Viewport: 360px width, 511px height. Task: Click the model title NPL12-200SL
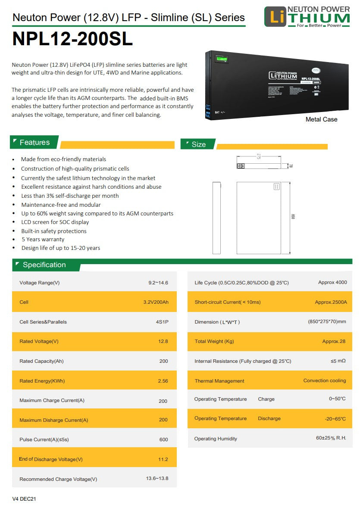pos(72,39)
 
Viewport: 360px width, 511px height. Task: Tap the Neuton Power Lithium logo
pos(307,17)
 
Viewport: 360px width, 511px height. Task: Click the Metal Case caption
pos(321,119)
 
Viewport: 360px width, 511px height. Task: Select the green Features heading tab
pos(34,142)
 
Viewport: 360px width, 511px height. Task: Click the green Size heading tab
pos(198,144)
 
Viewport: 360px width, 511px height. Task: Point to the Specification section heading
pos(44,265)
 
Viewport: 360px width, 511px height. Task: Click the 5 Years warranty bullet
pos(43,239)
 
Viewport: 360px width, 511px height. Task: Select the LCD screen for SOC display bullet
pos(55,222)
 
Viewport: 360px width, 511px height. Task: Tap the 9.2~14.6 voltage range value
pos(158,283)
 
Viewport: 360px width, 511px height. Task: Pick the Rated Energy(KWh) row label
pos(42,381)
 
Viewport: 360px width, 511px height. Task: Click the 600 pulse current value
pos(163,439)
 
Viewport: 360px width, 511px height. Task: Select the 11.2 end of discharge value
pos(163,459)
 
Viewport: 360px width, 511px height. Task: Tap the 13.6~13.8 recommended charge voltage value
pos(157,479)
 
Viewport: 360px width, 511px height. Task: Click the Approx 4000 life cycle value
pos(332,282)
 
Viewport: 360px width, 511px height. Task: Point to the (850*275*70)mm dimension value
pos(327,322)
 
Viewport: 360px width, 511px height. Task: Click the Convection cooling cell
pos(324,380)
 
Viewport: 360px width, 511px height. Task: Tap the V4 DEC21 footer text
pos(24,499)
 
